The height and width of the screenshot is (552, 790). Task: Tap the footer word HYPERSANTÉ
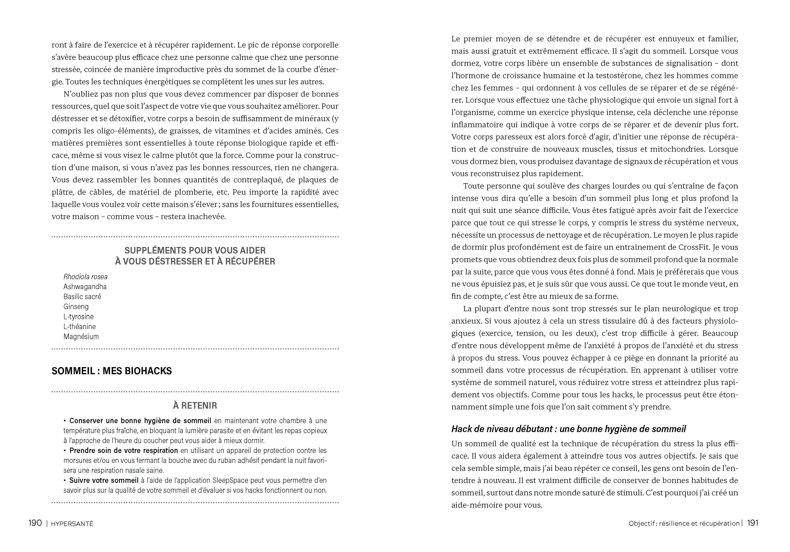point(72,524)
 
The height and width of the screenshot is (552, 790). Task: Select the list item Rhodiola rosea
point(85,277)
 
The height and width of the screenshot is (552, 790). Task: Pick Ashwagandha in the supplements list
point(85,287)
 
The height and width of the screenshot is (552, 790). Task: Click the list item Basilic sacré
point(82,297)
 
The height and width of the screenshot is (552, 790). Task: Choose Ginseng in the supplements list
point(76,307)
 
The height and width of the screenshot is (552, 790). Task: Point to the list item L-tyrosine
point(78,317)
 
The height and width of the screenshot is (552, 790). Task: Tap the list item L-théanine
point(79,327)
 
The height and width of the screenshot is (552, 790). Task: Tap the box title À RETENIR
point(195,406)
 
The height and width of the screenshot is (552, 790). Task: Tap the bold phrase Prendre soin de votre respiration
point(124,451)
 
